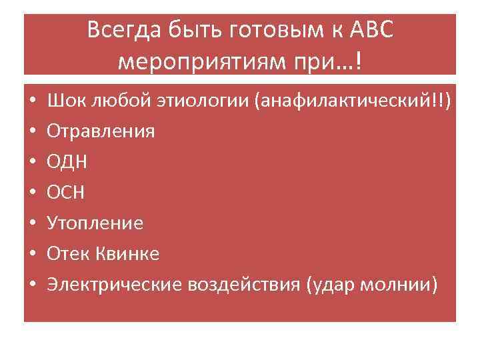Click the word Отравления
tap(101, 131)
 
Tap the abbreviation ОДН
tap(67, 161)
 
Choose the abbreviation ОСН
tap(66, 192)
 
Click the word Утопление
tap(95, 223)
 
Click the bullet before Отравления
tap(32, 131)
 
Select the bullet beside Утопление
tap(32, 223)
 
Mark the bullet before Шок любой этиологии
tap(32, 101)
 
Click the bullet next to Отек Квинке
tap(32, 254)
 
